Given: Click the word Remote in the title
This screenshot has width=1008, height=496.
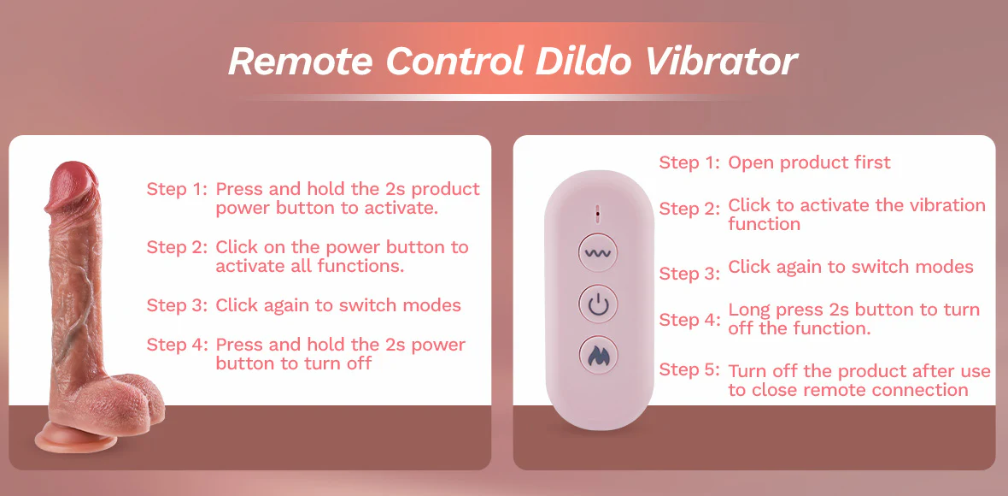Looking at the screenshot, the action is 300,61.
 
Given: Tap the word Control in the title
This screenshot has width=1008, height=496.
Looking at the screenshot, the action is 456,61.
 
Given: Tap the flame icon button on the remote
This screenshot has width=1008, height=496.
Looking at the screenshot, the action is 599,354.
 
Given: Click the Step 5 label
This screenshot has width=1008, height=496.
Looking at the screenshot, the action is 689,370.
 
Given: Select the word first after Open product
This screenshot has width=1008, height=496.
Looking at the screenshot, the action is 870,162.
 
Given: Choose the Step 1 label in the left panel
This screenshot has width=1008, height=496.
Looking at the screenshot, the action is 177,189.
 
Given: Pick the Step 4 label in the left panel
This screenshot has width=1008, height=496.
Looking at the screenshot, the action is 177,345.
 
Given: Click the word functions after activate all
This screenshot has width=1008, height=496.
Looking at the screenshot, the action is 366,266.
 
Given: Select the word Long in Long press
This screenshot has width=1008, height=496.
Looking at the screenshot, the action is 749,310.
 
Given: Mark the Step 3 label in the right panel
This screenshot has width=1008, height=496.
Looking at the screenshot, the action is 689,274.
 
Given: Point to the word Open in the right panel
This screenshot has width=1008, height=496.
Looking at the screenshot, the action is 748,162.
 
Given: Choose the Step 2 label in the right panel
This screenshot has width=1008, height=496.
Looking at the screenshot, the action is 689,209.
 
